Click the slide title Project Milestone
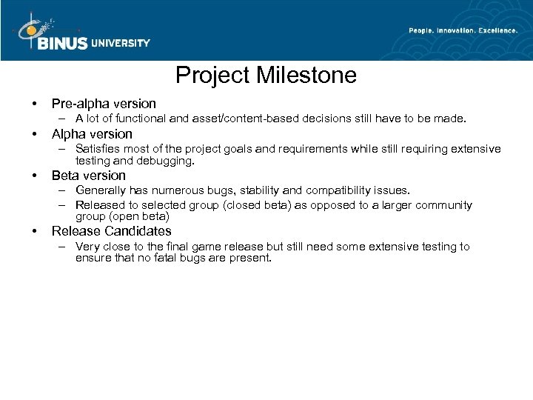(x=266, y=76)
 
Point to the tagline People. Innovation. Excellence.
(x=463, y=30)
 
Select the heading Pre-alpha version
(x=104, y=104)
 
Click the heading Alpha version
(x=92, y=134)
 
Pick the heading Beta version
(x=89, y=176)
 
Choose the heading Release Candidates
(x=111, y=231)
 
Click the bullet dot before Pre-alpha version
(x=24, y=104)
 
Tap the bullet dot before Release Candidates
(x=24, y=231)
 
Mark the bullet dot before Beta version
(x=24, y=176)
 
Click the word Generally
(x=101, y=190)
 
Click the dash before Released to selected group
(x=64, y=205)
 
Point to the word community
(x=439, y=205)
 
